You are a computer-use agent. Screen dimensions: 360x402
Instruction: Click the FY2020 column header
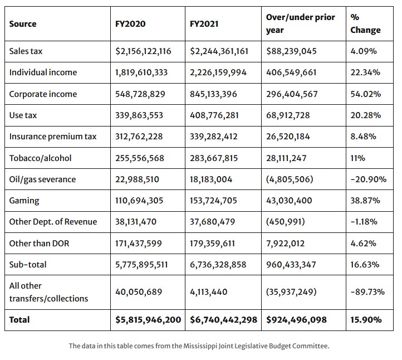[130, 24]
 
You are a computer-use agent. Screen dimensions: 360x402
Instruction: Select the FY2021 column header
[205, 24]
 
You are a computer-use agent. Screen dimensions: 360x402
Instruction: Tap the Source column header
[23, 24]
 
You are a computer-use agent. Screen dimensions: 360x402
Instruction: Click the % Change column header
[365, 24]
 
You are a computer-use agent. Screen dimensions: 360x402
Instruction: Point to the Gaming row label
[24, 200]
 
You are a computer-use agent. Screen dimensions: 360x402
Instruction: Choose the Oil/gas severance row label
[42, 179]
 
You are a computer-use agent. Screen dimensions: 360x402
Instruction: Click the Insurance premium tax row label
[52, 137]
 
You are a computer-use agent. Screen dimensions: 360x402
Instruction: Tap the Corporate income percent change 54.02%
[366, 94]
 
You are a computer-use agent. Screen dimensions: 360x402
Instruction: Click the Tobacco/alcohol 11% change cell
[357, 158]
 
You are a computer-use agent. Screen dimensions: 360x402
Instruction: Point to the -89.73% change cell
[367, 291]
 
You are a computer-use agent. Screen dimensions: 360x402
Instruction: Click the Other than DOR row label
[36, 243]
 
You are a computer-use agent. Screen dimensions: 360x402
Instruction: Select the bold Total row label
[19, 320]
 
